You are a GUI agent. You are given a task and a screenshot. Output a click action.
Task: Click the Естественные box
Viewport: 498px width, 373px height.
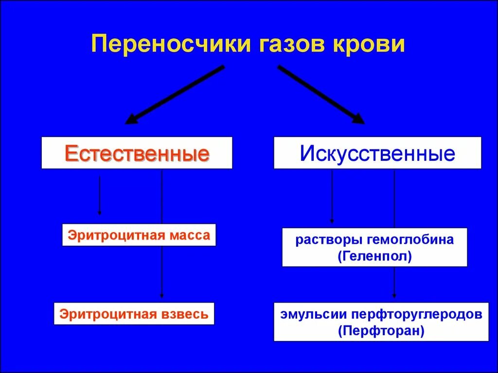click(x=137, y=153)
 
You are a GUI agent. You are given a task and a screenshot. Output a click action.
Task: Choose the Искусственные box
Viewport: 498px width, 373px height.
click(x=377, y=153)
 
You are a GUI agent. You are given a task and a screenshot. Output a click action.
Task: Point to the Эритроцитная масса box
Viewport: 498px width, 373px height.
click(x=139, y=236)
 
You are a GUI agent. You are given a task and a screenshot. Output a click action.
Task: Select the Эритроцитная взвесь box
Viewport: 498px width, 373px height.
click(x=134, y=314)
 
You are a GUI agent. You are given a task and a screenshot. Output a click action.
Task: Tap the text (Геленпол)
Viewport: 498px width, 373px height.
click(x=374, y=255)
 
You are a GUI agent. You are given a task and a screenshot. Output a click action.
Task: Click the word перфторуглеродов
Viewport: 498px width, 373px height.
click(x=414, y=314)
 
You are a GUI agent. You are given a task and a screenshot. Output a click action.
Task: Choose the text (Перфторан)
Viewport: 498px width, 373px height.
click(x=381, y=331)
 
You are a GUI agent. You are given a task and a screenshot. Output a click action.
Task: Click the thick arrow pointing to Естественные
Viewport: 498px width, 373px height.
click(x=175, y=94)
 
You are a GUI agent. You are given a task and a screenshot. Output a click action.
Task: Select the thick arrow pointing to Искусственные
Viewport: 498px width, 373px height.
click(x=321, y=94)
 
